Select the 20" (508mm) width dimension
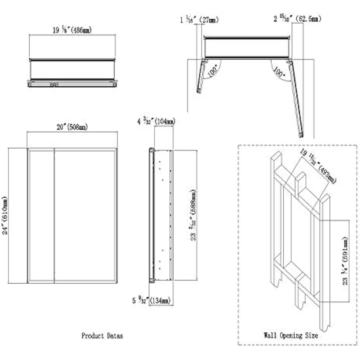pyautogui.click(x=72, y=127)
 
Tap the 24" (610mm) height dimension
pyautogui.click(x=6, y=215)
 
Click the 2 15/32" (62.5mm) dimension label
pyautogui.click(x=297, y=19)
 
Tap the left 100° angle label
pyautogui.click(x=212, y=71)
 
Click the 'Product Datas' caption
pyautogui.click(x=102, y=336)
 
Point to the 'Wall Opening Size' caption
pyautogui.click(x=291, y=335)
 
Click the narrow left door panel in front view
pyautogui.click(x=41, y=215)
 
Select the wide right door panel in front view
pyautogui.click(x=85, y=215)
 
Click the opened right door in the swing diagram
pyautogui.click(x=297, y=98)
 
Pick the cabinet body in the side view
pyautogui.click(x=162, y=215)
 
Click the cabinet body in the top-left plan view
pyautogui.click(x=72, y=70)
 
